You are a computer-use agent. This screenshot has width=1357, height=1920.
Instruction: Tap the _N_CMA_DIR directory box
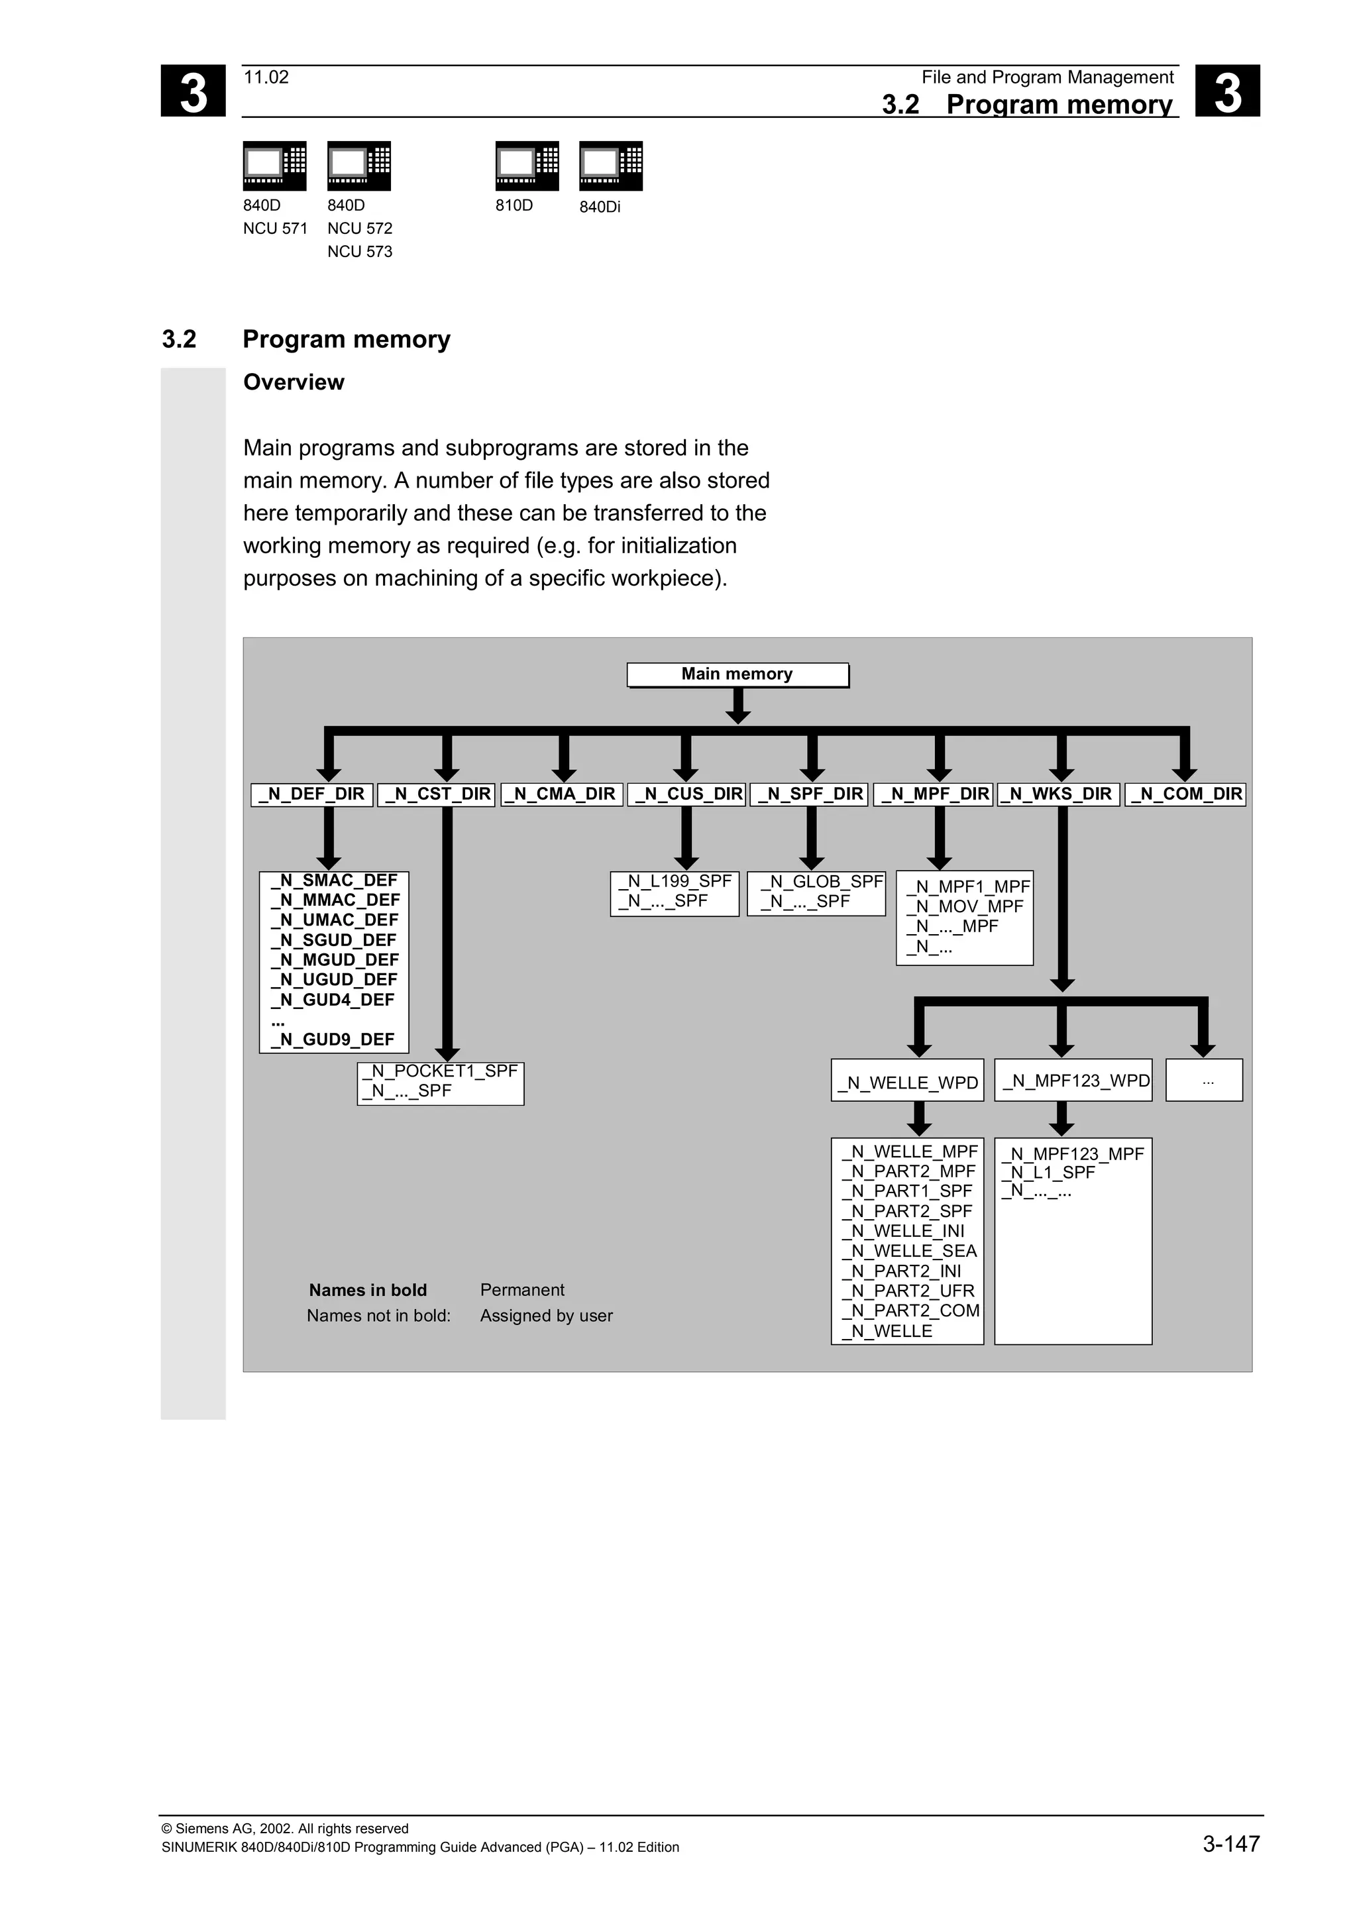(x=563, y=794)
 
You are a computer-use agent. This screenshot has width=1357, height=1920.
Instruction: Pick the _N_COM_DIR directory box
(x=1185, y=794)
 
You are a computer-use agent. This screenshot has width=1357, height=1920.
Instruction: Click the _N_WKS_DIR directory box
(x=1059, y=794)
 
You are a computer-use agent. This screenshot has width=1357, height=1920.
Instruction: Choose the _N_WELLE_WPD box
(x=907, y=1082)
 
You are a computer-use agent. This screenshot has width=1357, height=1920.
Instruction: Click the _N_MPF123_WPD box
(x=1073, y=1081)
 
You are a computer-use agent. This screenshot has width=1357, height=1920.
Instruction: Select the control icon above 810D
(x=527, y=166)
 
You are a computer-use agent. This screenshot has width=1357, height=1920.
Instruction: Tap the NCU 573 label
(x=360, y=252)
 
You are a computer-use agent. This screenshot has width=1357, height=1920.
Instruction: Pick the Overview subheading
(x=294, y=382)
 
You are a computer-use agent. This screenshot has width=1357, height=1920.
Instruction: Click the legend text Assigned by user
(x=546, y=1315)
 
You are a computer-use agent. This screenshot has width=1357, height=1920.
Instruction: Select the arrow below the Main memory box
(x=737, y=707)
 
